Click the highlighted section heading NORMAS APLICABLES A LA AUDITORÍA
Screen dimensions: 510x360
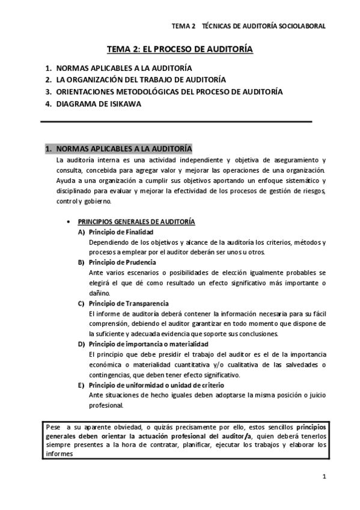tap(119, 148)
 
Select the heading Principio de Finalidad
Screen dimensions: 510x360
tap(121, 232)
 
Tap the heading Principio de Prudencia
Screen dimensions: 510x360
tap(122, 262)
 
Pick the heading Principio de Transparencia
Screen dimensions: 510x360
tap(128, 303)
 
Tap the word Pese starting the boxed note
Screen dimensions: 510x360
tap(54, 426)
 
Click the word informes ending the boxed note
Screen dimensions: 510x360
tap(59, 455)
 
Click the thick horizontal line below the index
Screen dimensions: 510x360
tap(176, 122)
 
